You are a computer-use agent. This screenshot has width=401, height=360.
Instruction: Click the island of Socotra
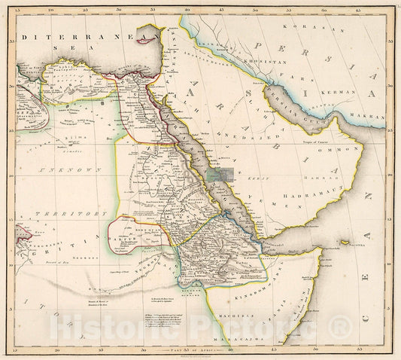[x=348, y=243]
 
